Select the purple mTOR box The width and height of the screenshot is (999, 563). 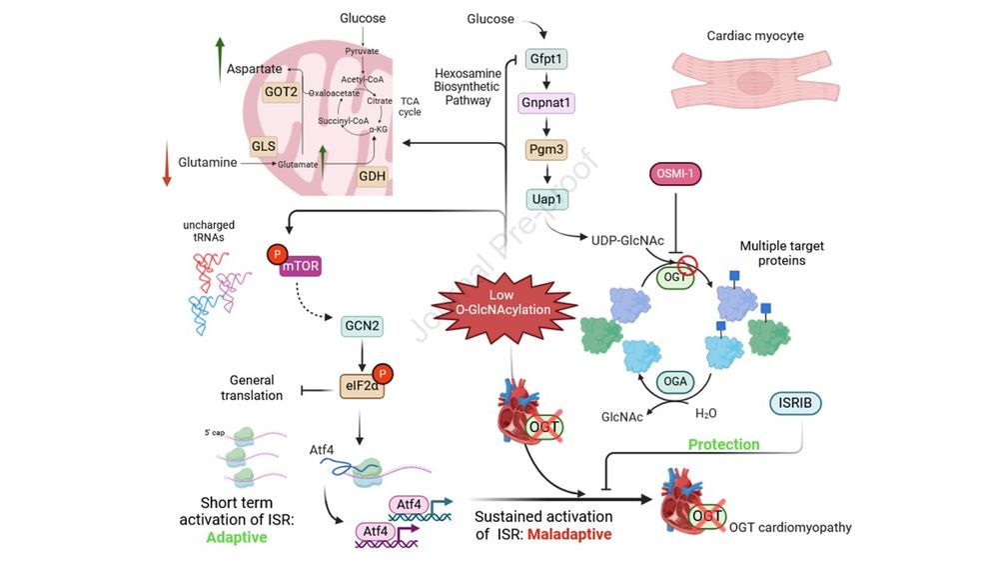(305, 267)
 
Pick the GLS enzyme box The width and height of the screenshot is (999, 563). (264, 146)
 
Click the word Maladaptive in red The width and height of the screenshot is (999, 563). (570, 535)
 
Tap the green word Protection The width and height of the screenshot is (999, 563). (722, 444)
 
